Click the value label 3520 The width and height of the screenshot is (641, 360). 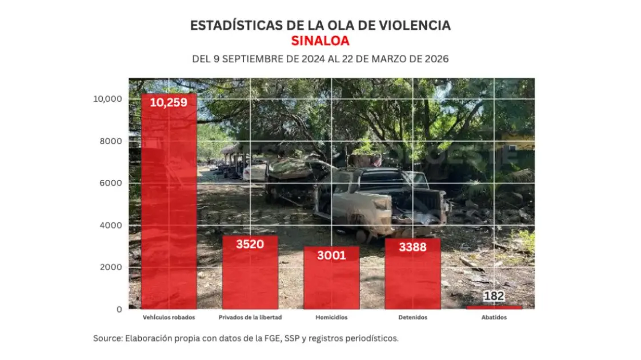point(250,244)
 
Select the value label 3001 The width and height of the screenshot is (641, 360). point(331,255)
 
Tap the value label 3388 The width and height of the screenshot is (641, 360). point(412,247)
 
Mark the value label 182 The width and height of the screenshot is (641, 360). point(494,297)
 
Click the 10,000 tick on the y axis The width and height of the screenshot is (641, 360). point(107,99)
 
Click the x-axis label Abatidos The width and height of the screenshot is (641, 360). point(494,318)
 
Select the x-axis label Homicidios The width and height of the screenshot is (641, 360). point(331,318)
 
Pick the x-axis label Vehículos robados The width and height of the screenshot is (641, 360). point(169,318)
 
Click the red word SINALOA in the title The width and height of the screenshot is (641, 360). point(320,41)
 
